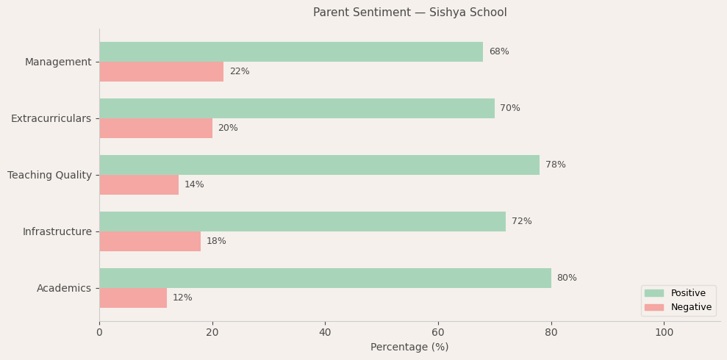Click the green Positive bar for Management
coord(291,52)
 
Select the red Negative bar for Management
coord(161,72)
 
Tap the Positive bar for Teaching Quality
coord(319,165)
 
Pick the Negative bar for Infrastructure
coord(150,242)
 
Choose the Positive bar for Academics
coord(325,278)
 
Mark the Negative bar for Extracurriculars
coord(156,129)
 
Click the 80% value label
coord(567,278)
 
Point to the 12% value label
coord(182,298)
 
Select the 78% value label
coord(556,165)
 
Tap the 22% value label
coord(240,72)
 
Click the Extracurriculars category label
coord(51,118)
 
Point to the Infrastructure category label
coord(57,231)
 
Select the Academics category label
coord(64,288)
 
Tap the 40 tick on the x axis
coord(325,333)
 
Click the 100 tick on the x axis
coord(664,333)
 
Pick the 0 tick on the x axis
coord(99,333)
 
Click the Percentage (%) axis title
coord(409,348)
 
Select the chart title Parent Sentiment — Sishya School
coord(409,12)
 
